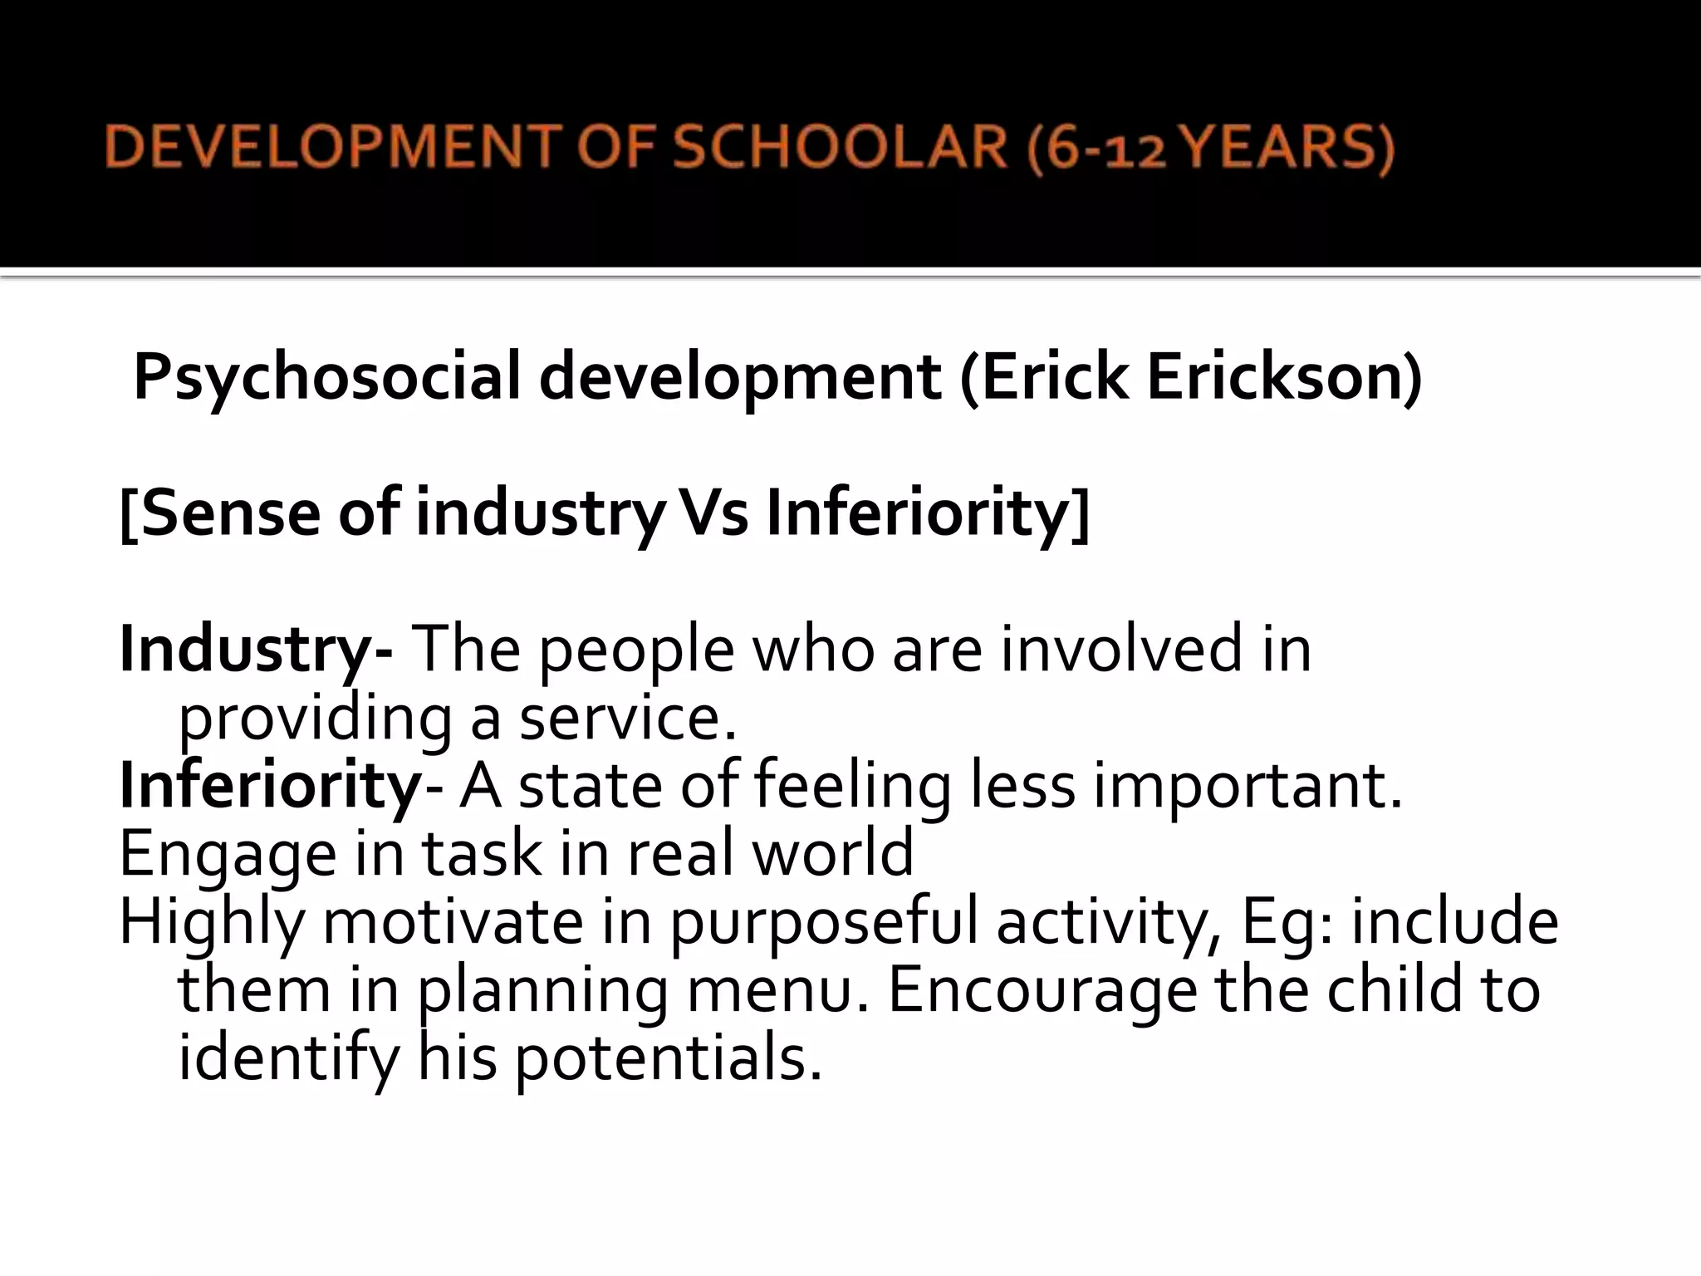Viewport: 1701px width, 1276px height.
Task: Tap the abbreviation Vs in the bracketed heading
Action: click(713, 513)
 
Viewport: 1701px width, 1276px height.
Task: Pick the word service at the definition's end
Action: click(628, 718)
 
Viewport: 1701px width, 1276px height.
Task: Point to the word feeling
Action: click(851, 788)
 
